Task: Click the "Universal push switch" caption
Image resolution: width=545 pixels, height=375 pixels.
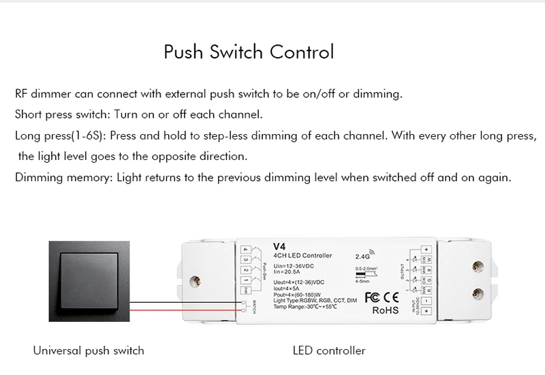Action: (89, 351)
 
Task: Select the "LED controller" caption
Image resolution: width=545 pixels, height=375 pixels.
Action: (329, 351)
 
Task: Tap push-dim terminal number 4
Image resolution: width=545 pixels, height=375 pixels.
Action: (245, 250)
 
